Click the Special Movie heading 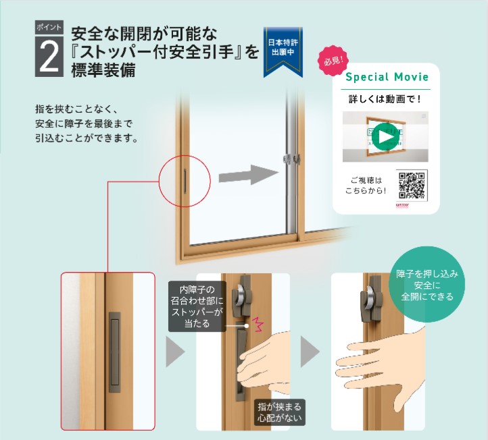(x=387, y=77)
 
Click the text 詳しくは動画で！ (x=386, y=99)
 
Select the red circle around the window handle (x=185, y=176)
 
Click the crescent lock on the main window (x=289, y=160)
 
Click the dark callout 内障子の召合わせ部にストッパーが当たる (x=195, y=308)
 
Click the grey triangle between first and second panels (x=175, y=352)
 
